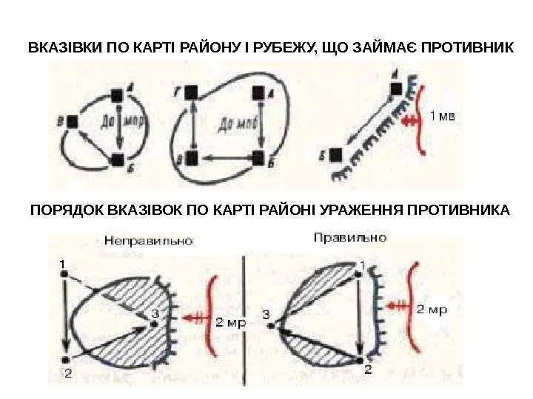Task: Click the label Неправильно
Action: [149, 240]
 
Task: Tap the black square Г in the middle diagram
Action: [192, 92]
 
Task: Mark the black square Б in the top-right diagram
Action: [336, 154]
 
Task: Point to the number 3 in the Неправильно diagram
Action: [154, 313]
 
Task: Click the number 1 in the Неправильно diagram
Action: [63, 262]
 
